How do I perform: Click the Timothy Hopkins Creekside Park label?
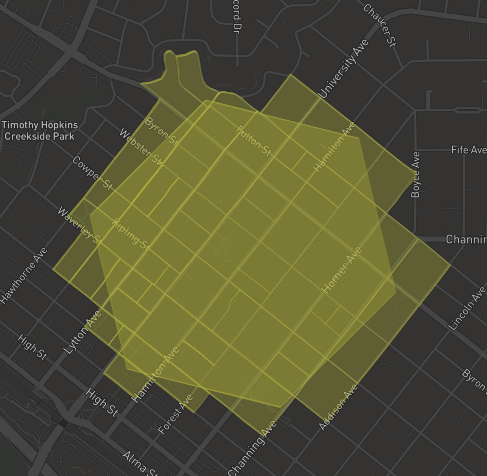pos(40,131)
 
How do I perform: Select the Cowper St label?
pos(92,173)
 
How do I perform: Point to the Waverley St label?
pos(80,226)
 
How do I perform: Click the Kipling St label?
pos(131,235)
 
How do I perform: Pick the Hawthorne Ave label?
pos(24,276)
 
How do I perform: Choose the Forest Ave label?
pos(176,414)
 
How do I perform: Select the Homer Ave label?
pos(342,270)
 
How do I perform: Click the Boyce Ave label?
pos(415,175)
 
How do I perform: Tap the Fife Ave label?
pos(469,150)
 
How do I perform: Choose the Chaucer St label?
pos(380,25)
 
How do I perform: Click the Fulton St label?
pos(254,141)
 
